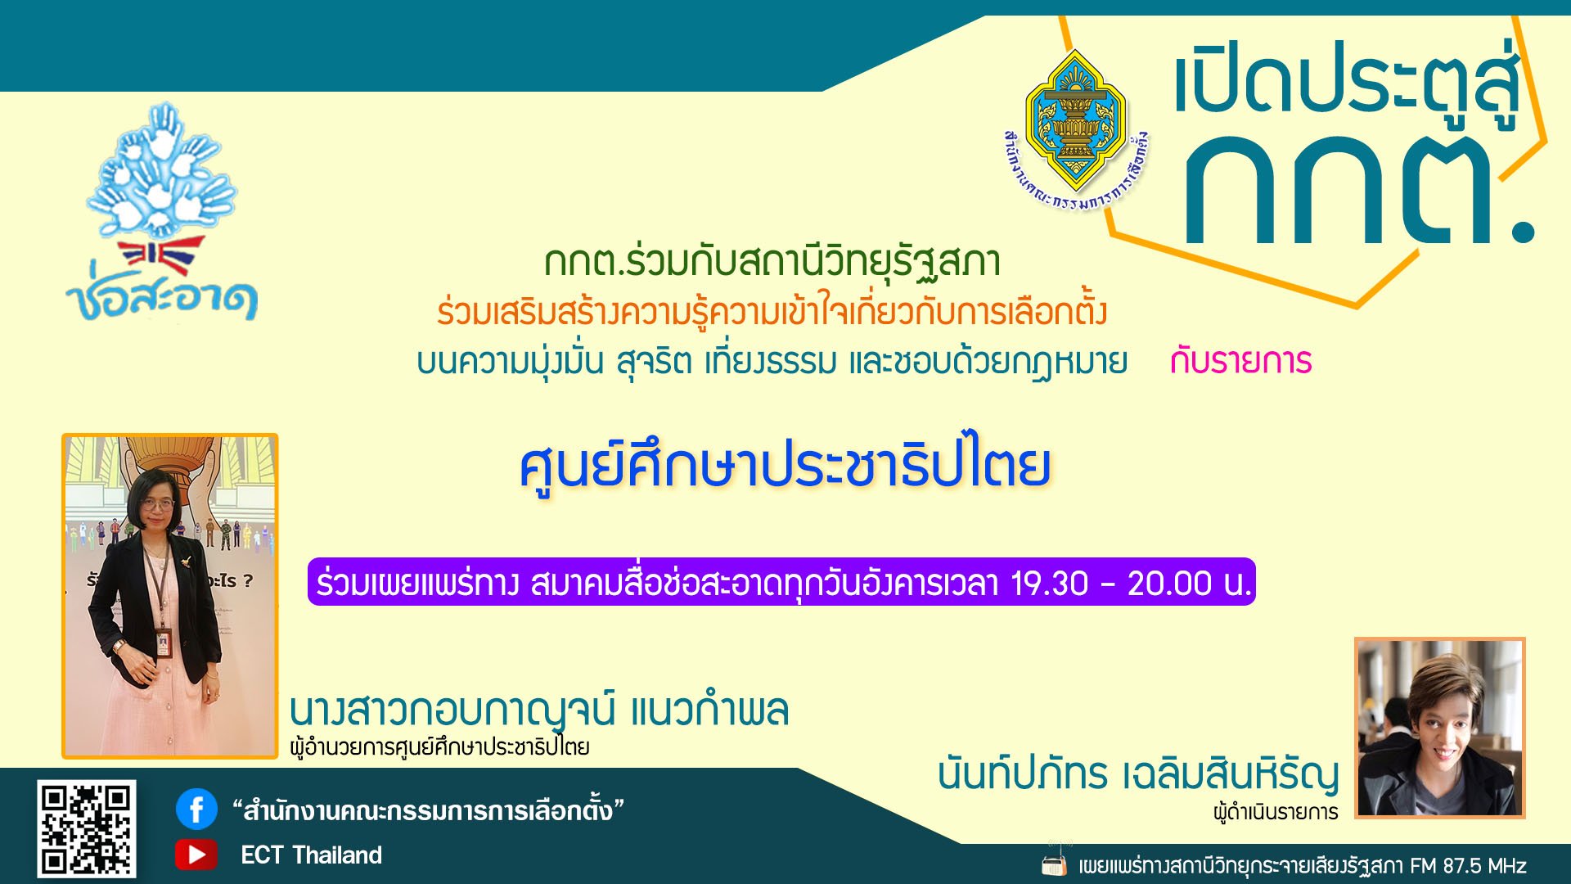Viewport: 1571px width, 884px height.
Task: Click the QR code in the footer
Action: click(86, 828)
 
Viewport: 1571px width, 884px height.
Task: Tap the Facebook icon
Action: click(196, 810)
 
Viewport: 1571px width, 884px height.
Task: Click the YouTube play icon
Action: click(196, 855)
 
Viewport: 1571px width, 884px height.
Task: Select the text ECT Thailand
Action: click(311, 855)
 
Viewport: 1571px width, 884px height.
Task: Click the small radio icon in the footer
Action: click(1054, 864)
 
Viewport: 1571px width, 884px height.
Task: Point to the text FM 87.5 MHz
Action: click(1468, 865)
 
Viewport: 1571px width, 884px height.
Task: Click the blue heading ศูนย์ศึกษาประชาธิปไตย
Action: click(785, 467)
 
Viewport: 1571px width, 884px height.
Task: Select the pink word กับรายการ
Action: click(1240, 361)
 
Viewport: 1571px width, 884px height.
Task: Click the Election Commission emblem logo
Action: click(1076, 123)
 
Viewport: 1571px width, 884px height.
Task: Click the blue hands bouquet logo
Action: click(164, 172)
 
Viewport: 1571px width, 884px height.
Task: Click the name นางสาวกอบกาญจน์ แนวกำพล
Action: click(539, 710)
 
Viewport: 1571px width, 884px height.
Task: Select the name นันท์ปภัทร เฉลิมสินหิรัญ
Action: click(1138, 774)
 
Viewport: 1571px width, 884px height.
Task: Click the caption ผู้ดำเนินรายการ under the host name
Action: click(1276, 813)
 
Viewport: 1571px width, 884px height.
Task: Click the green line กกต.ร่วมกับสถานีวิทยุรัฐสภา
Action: click(772, 262)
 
